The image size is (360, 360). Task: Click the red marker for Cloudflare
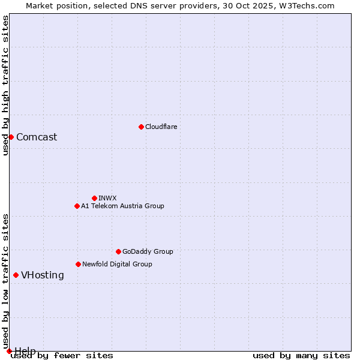141,127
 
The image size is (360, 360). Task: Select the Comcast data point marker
11,137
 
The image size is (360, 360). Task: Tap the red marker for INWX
94,198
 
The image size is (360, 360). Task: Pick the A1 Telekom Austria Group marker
77,206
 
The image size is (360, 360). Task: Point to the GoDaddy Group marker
118,251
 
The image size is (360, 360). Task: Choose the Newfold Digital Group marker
78,264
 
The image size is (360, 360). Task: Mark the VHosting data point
16,275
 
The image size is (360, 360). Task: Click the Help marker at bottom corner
9,351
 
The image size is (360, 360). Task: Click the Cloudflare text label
161,127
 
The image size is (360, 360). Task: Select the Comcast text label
37,137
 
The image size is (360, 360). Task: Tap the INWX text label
107,198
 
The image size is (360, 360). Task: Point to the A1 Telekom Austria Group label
122,206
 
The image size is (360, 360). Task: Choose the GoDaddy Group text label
148,251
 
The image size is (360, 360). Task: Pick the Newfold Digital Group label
117,264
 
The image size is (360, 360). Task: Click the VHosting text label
43,275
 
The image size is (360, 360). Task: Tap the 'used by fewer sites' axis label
62,355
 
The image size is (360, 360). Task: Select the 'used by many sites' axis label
301,355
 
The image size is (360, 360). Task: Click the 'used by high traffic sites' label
5,85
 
